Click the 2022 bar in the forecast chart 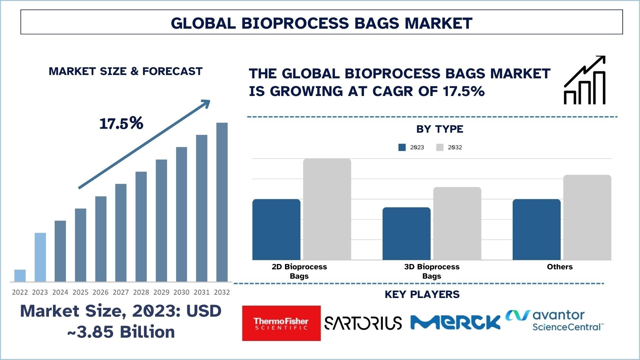tap(20, 276)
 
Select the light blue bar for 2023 tap(40, 257)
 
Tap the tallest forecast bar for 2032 tap(222, 202)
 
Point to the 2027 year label tap(121, 292)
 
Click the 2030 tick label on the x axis tap(181, 292)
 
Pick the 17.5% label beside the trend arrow tap(121, 123)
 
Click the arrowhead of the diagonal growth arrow tap(206, 103)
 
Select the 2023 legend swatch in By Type tap(402, 147)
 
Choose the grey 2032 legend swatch tap(440, 147)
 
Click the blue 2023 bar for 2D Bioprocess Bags tap(276, 230)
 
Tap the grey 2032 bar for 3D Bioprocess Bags tap(457, 224)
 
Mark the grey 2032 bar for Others tap(587, 217)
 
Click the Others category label tap(560, 267)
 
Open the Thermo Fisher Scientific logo tap(281, 323)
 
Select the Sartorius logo tap(363, 323)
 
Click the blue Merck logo tap(455, 322)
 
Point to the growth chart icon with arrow tap(585, 80)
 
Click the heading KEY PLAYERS tap(422, 294)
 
